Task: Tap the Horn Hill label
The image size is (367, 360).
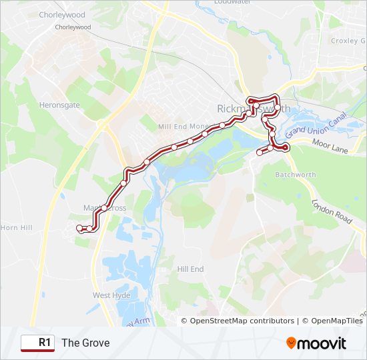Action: click(16, 227)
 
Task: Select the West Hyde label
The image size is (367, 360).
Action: click(111, 295)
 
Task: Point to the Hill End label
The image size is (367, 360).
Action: click(190, 269)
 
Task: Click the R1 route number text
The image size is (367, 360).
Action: click(45, 343)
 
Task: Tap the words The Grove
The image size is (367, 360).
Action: click(85, 343)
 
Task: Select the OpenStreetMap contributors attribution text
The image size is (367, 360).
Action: click(242, 321)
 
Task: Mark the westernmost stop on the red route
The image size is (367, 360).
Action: click(80, 228)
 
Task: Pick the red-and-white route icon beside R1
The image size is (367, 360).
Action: click(29, 343)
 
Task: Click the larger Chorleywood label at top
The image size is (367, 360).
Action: click(62, 14)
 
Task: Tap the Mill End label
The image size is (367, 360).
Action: click(174, 126)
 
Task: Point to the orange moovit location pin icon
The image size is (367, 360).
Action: click(291, 343)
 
